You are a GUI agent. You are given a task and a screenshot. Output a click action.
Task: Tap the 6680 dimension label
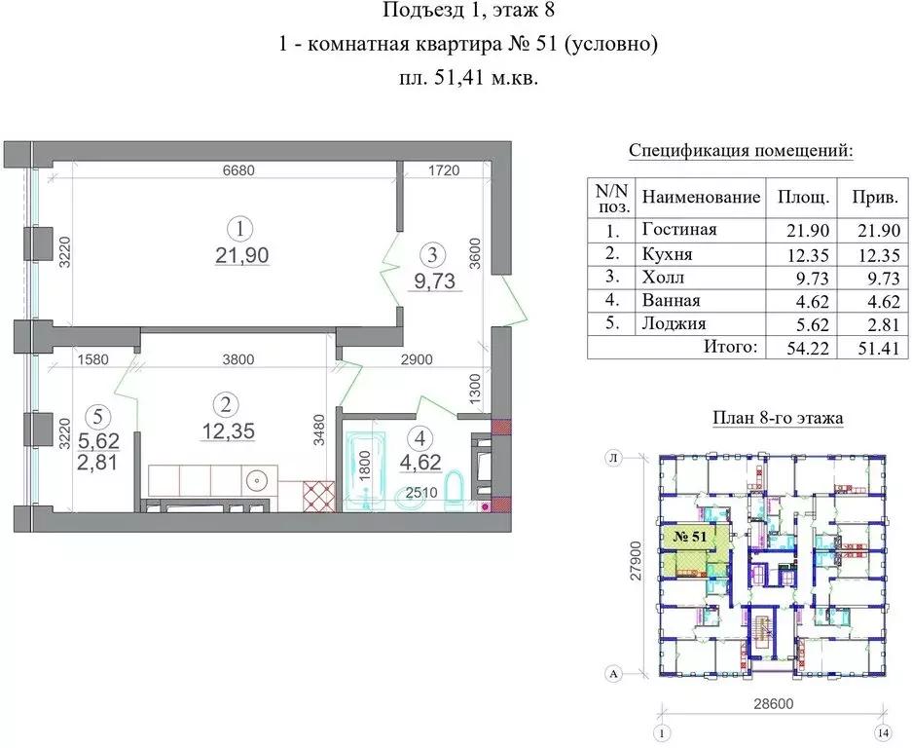(x=238, y=170)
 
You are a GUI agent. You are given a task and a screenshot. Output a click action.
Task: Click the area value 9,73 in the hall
(x=432, y=281)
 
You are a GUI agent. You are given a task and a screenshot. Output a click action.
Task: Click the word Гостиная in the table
(x=679, y=230)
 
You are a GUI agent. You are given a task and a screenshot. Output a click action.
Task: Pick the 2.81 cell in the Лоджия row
(x=874, y=324)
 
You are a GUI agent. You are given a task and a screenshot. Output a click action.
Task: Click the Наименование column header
(x=701, y=198)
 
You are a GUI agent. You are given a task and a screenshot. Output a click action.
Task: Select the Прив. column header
(x=874, y=198)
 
